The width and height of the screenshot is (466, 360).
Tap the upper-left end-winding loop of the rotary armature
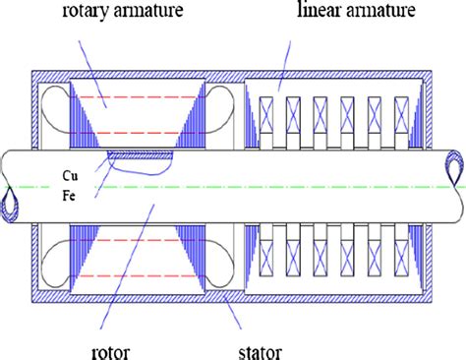[57, 105]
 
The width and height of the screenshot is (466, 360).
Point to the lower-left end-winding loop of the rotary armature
[57, 264]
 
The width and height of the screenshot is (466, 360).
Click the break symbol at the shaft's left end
[11, 185]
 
